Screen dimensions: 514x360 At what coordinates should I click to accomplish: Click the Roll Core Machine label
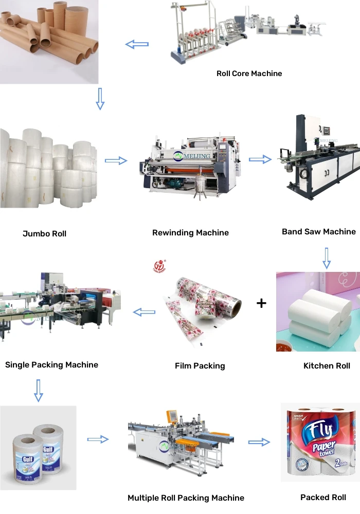(249, 74)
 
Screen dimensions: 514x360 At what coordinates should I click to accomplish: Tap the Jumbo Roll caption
(44, 233)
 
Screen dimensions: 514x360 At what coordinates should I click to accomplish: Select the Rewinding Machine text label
(190, 233)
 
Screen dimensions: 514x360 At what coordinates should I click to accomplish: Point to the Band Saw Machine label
(319, 231)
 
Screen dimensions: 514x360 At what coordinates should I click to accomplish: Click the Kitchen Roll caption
(327, 365)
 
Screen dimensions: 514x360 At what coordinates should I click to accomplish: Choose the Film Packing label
(200, 366)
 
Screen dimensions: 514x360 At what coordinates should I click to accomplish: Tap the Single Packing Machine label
(51, 365)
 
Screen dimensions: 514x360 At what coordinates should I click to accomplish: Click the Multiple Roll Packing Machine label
(186, 498)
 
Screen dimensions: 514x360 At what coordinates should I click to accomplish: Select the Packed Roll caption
(323, 497)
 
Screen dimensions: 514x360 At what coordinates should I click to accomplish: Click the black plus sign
(261, 303)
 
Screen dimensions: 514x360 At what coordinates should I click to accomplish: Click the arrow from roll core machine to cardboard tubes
(137, 45)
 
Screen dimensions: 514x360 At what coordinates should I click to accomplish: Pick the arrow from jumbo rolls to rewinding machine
(116, 161)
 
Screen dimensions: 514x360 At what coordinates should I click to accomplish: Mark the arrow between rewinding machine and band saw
(260, 159)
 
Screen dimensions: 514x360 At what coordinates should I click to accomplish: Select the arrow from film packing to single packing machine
(145, 311)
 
